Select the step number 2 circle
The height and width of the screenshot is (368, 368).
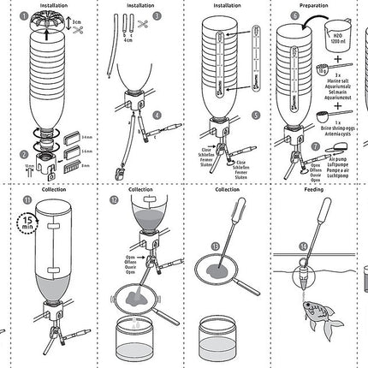[x=26, y=156]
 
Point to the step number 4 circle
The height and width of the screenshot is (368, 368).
[x=157, y=113]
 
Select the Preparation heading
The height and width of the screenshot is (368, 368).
[x=316, y=3]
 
